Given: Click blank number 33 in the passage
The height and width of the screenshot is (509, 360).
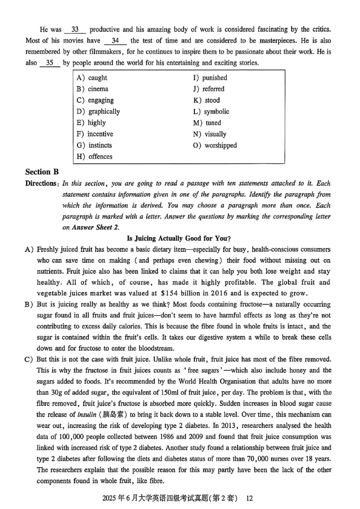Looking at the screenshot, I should [75, 30].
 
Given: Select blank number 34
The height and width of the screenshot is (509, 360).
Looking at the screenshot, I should [115, 41].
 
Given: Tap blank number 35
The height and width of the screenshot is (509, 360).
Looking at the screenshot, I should [49, 63].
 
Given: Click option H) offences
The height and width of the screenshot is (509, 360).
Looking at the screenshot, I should [94, 156].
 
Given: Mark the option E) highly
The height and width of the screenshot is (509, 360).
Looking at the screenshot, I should [91, 123].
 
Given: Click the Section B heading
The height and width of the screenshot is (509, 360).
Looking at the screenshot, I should [42, 172].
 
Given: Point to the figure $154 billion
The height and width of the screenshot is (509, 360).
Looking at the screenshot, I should [228, 293].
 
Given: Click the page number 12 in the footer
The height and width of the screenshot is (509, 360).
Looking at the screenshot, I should [251, 498].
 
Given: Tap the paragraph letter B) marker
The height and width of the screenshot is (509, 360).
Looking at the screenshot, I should [30, 304].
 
